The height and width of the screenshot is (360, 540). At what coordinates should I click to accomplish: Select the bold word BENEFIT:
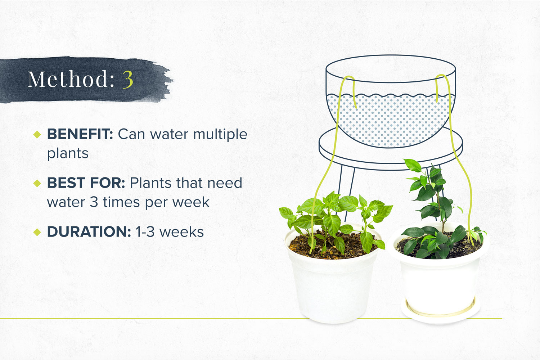[80, 134]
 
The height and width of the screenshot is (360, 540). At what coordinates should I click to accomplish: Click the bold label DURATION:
[89, 232]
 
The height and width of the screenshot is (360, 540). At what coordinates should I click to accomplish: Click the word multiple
[220, 135]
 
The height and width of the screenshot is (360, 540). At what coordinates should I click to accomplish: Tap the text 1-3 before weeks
[145, 232]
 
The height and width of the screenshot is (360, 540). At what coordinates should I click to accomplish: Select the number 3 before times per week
[94, 202]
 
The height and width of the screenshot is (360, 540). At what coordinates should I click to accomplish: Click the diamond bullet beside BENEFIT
[37, 135]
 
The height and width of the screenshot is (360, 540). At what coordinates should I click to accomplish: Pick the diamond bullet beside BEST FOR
[37, 183]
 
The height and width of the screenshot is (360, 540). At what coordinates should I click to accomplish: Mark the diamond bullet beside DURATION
[37, 232]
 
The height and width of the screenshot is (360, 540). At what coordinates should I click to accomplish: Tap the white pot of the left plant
[333, 288]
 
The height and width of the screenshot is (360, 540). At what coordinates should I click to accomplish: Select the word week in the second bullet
[191, 202]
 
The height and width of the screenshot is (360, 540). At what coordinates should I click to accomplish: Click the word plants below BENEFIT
[68, 154]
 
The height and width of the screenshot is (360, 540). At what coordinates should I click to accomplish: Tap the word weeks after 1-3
[181, 232]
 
